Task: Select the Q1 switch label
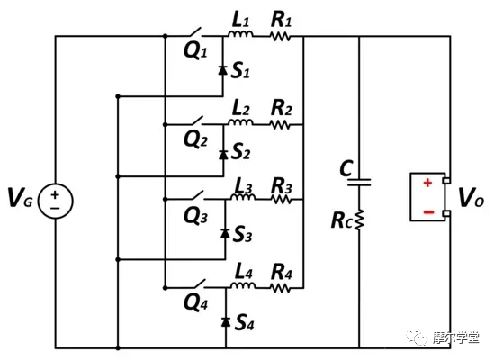point(195,51)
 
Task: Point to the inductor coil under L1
point(240,37)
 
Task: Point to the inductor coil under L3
point(240,200)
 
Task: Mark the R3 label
point(282,185)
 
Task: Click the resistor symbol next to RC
point(358,220)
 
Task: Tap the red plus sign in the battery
point(427,183)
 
